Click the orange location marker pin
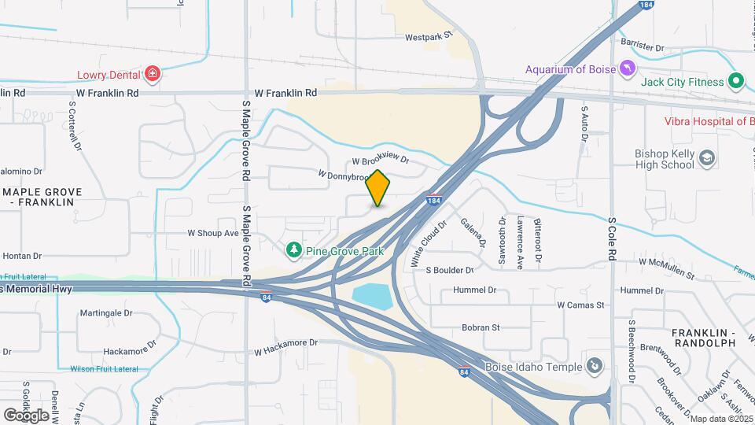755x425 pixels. [378, 188]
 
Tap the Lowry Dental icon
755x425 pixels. [153, 75]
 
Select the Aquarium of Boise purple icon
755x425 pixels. [627, 68]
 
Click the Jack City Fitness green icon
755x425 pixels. [736, 81]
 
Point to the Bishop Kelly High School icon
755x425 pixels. [707, 159]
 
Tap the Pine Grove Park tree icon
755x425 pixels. [294, 250]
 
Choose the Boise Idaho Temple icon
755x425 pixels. [595, 366]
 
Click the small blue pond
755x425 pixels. [372, 296]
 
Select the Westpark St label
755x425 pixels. [430, 36]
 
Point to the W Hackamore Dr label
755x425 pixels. [285, 342]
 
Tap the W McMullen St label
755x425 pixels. [667, 268]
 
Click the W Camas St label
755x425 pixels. [580, 305]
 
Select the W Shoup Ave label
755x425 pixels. [212, 233]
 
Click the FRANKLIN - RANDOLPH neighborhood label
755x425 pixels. [703, 338]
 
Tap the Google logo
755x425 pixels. [26, 415]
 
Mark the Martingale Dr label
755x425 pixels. [106, 312]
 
